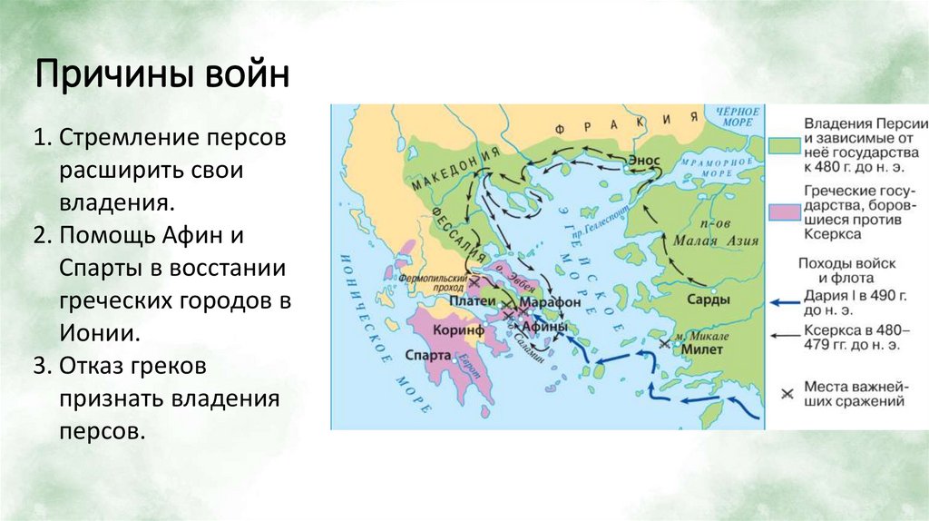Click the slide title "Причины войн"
(x=162, y=74)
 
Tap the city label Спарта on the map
(x=431, y=356)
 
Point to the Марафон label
(x=553, y=301)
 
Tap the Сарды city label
(x=708, y=300)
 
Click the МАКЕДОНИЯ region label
(x=455, y=168)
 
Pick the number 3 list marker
(x=41, y=367)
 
